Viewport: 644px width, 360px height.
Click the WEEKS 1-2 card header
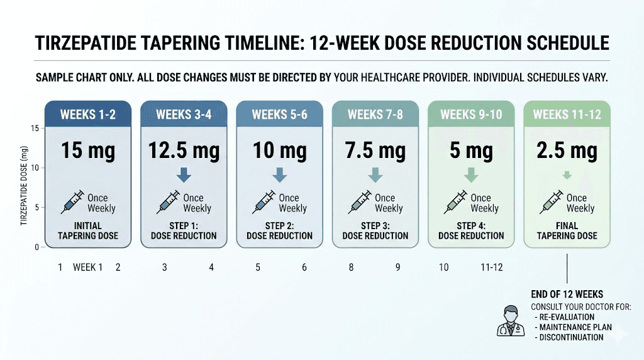click(88, 115)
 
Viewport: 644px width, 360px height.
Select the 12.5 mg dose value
click(184, 151)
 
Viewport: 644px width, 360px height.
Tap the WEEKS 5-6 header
click(279, 115)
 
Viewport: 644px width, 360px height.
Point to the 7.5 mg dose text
click(375, 151)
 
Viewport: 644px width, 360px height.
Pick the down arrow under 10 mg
click(279, 175)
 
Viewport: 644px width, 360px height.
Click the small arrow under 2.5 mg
click(567, 176)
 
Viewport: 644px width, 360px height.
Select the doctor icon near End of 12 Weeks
click(511, 320)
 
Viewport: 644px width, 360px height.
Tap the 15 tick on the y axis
click(35, 128)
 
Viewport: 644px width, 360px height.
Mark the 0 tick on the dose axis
click(37, 247)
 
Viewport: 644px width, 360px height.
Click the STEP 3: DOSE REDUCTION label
click(375, 230)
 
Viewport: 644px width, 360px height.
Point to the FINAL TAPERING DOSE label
click(567, 230)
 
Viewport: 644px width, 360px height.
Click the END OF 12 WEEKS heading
click(567, 294)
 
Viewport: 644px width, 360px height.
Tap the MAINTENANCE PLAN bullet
click(572, 327)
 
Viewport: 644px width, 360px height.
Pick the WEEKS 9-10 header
click(471, 115)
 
